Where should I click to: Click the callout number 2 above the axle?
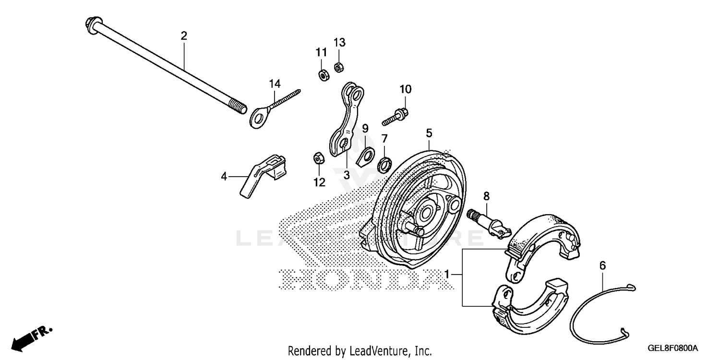[184, 36]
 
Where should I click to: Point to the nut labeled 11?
[322, 75]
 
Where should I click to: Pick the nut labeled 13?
[338, 66]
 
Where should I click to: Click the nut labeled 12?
[318, 157]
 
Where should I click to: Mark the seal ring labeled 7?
[384, 165]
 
